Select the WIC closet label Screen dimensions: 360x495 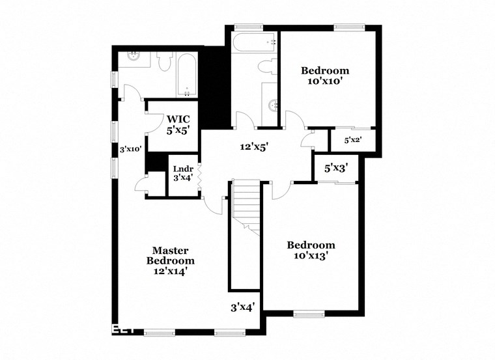178,119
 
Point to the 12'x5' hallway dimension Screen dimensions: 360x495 254,147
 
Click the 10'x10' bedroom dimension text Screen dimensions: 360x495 324,81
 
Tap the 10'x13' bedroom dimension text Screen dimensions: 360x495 311,256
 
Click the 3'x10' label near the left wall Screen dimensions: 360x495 131,149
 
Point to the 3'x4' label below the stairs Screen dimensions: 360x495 242,306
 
